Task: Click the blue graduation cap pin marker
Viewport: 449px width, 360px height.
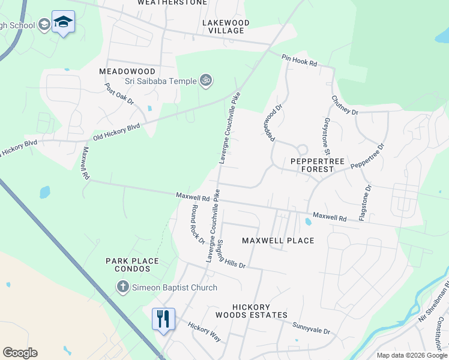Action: (x=63, y=22)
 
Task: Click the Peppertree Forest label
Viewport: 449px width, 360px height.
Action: (x=312, y=165)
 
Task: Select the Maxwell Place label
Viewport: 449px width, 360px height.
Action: (x=278, y=241)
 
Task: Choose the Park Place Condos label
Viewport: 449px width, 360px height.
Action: (x=132, y=265)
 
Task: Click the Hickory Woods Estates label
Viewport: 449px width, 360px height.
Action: (x=253, y=311)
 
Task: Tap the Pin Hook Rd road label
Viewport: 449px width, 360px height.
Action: (x=299, y=60)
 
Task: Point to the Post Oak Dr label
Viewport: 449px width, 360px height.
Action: (x=119, y=94)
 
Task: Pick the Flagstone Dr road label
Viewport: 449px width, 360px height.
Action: (x=365, y=202)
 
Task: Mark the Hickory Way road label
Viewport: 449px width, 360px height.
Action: (x=205, y=331)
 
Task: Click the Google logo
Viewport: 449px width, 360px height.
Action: (x=20, y=353)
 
